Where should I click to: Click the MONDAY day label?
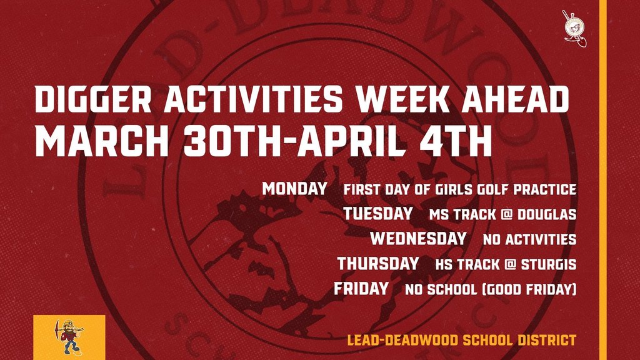point(295,188)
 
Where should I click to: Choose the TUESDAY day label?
point(377,214)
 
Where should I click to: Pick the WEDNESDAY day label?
point(418,239)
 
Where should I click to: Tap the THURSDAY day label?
point(378,264)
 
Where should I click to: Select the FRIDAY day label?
point(361,289)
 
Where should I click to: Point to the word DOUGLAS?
point(545,214)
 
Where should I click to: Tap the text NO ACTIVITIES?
point(529,239)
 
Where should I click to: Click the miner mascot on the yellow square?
point(69,337)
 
